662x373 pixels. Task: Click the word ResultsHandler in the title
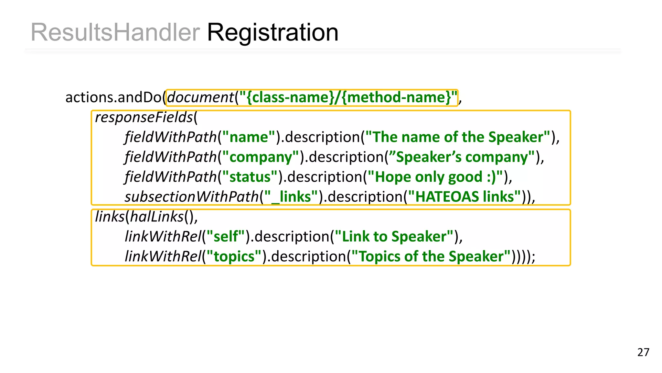coord(115,32)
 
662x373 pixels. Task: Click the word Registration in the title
coord(272,32)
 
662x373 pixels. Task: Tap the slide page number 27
coord(643,352)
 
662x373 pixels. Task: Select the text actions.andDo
coord(113,97)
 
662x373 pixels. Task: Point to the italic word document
coord(200,97)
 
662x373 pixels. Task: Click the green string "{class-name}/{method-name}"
coord(348,97)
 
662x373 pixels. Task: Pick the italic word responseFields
coord(144,117)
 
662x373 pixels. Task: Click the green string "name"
coord(249,137)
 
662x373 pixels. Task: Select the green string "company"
coord(261,157)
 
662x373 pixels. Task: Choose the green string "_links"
coord(291,197)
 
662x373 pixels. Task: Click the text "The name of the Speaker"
coord(458,137)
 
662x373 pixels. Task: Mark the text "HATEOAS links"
coord(464,197)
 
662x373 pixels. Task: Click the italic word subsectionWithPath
coord(192,197)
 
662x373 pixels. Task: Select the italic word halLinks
coord(157,217)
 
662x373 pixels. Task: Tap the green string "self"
coord(226,237)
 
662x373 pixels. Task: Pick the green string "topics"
coord(234,256)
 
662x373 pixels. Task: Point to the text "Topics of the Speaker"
coord(432,256)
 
